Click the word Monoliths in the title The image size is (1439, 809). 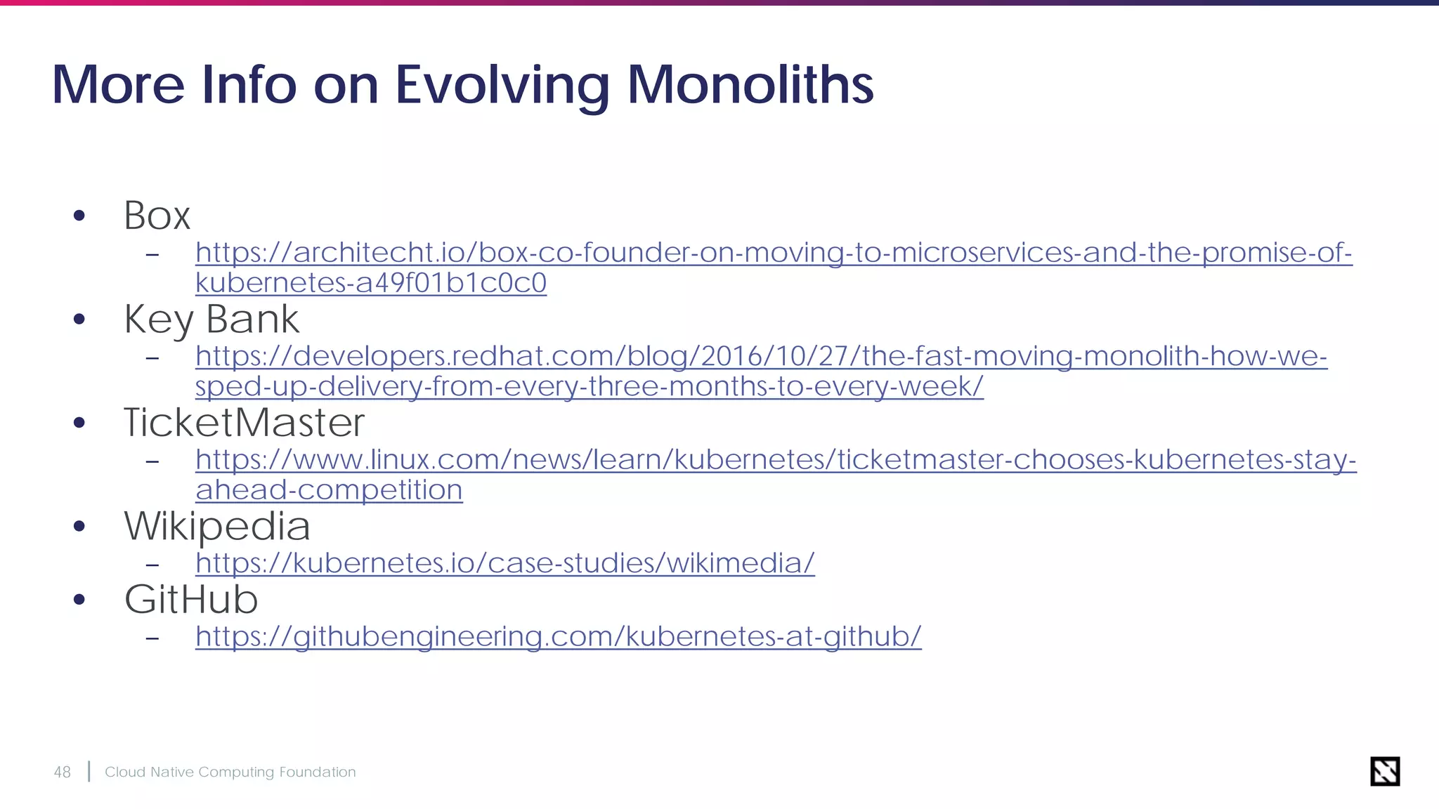coord(750,85)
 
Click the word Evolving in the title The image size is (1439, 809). coord(502,86)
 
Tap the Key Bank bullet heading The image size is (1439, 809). coord(211,320)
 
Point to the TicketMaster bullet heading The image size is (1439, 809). coord(244,423)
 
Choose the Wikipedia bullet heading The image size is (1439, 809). coord(217,526)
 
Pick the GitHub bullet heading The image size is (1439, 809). coord(191,599)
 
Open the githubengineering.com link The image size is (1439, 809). coord(558,636)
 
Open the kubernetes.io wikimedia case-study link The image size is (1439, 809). coord(504,563)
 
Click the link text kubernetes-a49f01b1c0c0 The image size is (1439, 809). coord(370,283)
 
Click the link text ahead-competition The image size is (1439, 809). coord(329,490)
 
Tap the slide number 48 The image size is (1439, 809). coord(63,772)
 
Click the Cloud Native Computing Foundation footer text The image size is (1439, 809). coord(230,772)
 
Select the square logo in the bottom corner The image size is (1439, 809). coord(1385,771)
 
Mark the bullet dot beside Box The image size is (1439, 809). coord(79,216)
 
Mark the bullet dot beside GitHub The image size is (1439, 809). coord(79,600)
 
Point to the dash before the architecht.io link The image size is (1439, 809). coord(152,254)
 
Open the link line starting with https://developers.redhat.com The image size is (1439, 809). coord(760,357)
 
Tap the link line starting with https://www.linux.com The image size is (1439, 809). coord(775,460)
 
